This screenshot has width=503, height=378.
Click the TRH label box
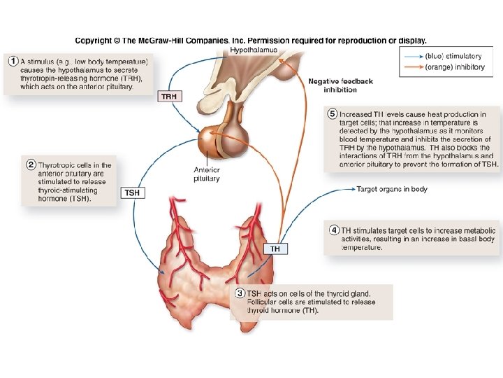[169, 97]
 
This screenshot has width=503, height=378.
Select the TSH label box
[133, 192]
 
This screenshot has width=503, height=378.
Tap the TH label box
[275, 248]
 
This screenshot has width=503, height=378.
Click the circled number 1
[13, 62]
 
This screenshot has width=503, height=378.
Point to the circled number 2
[31, 165]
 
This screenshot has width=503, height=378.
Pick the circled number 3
[240, 293]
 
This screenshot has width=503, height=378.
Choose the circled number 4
[335, 230]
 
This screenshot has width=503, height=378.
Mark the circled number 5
[333, 114]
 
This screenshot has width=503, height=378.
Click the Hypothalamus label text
[254, 50]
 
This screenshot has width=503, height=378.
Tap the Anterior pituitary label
[206, 174]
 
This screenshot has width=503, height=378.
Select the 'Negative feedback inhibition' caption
[341, 85]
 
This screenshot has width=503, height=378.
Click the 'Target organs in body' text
[392, 189]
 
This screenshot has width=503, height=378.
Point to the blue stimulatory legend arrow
[411, 56]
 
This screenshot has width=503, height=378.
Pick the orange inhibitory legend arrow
[411, 67]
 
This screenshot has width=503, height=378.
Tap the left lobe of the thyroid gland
[176, 252]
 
